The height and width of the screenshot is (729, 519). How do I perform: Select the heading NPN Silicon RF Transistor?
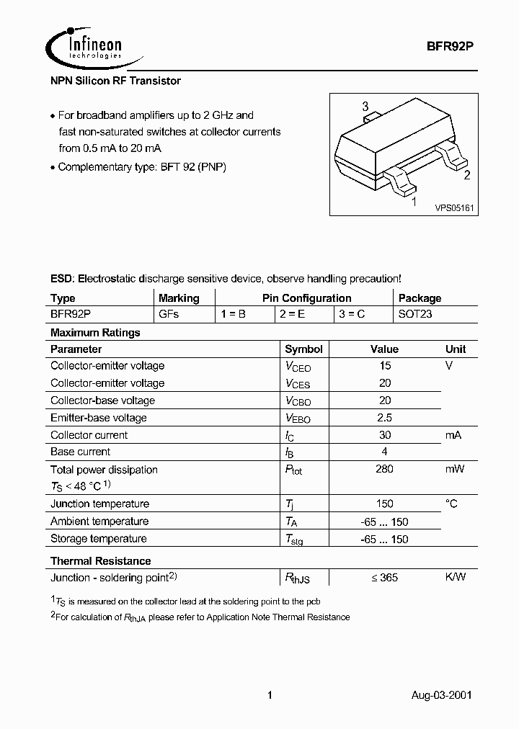point(115,81)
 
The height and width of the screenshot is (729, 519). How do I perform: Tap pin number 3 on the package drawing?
point(365,107)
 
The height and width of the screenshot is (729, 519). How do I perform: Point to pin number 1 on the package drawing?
point(413,202)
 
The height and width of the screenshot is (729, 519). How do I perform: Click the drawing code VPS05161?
point(453,207)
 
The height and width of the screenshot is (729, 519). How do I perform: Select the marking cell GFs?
point(169,315)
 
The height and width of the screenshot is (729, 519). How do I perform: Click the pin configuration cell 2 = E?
point(292,315)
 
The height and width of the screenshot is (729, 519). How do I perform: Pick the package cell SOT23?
point(415,315)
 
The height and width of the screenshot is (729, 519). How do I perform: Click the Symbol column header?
point(303,349)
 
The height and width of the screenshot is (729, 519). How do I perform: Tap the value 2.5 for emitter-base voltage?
point(384,418)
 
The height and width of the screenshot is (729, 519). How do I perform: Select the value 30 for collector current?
point(384,435)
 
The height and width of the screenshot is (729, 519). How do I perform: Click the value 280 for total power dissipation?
point(384,470)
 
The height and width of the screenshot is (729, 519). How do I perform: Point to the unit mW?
point(455,470)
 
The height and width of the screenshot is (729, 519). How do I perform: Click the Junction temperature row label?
point(99,504)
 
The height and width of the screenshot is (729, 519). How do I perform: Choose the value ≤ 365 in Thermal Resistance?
point(383,578)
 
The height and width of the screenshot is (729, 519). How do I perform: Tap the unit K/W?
point(456,578)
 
